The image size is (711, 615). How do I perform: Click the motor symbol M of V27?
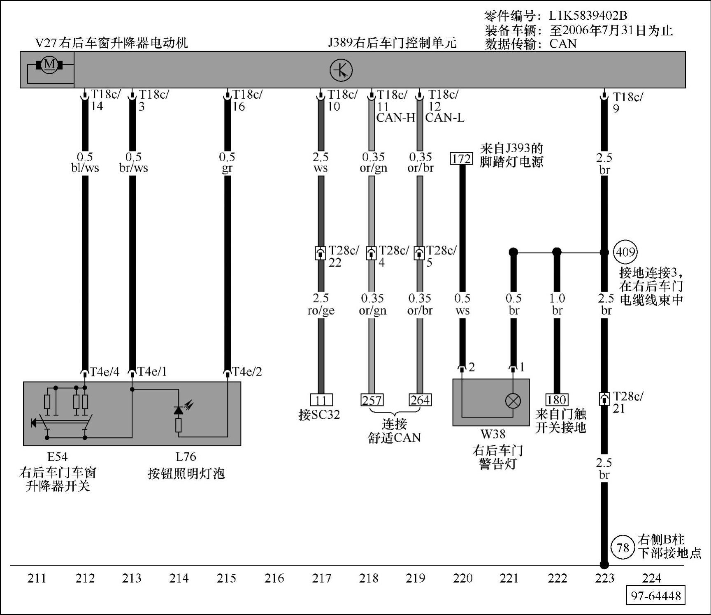(49, 65)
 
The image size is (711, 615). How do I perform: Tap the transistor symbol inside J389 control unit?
(341, 70)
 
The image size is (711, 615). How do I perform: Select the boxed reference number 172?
(461, 159)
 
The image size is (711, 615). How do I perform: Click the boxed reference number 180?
(556, 399)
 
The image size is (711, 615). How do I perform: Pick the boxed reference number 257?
(372, 400)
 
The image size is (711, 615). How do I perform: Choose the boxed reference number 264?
(420, 400)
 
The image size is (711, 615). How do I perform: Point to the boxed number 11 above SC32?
(321, 400)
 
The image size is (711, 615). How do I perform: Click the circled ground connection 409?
(625, 252)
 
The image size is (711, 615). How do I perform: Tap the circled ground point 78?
(623, 548)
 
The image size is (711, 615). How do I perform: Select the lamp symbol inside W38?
(513, 401)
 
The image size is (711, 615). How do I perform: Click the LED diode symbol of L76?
(179, 410)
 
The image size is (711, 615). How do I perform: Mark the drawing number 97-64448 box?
(656, 596)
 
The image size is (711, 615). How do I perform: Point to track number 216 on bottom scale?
(274, 578)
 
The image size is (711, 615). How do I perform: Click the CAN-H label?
(395, 118)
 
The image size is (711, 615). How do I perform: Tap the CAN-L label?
(445, 118)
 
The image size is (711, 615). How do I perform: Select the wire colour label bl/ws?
(85, 168)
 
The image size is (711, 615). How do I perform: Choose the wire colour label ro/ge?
(321, 311)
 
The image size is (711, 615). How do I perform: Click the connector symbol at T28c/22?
(321, 253)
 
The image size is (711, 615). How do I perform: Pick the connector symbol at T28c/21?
(604, 399)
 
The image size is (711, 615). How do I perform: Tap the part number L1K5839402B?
(588, 16)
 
